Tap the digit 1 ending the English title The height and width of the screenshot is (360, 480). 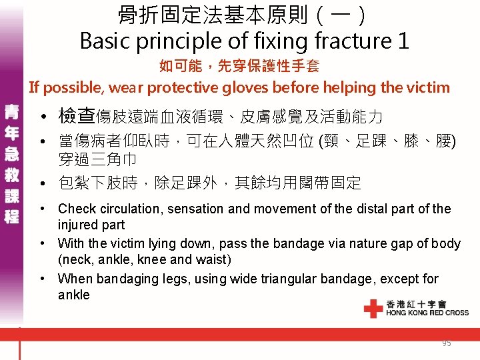pyautogui.click(x=402, y=41)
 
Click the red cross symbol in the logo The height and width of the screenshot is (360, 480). pyautogui.click(x=373, y=309)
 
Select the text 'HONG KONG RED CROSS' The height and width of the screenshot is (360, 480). pyautogui.click(x=427, y=313)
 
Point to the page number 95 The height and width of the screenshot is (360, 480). pyautogui.click(x=446, y=343)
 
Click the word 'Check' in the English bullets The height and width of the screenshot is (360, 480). pyautogui.click(x=77, y=209)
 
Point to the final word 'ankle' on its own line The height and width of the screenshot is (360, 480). pyautogui.click(x=73, y=295)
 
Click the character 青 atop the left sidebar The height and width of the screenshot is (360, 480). pyautogui.click(x=11, y=111)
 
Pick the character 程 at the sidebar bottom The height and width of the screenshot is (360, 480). pyautogui.click(x=11, y=217)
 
